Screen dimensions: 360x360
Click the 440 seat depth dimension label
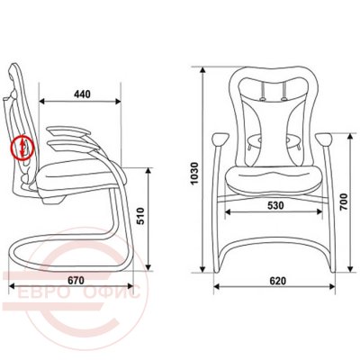pos(82,94)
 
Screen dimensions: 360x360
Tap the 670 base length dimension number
pos(76,281)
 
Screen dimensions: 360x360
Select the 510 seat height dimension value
pos(140,216)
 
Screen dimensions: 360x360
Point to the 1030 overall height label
pos(194,173)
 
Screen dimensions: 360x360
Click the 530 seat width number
pos(275,205)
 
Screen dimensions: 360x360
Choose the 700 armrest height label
pos(344,202)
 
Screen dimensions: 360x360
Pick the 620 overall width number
pos(278,281)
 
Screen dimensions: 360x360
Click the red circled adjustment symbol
pos(22,147)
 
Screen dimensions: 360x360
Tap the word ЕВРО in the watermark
pos(42,292)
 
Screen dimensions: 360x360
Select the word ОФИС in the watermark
pos(112,292)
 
